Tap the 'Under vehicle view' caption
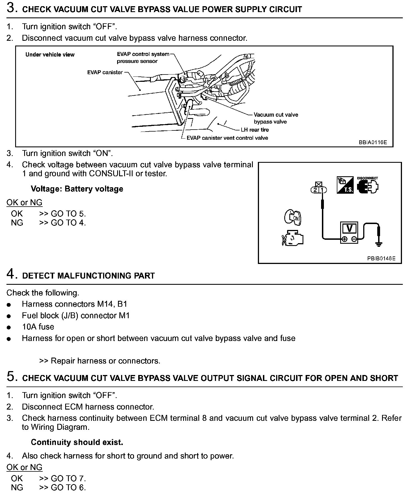(x=50, y=55)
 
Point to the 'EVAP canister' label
(x=105, y=72)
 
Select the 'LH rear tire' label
(x=255, y=130)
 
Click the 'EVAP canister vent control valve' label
(x=227, y=138)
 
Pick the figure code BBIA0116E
(x=372, y=142)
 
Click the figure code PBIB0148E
(x=381, y=258)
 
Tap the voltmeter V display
(x=349, y=228)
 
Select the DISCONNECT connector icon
(x=368, y=186)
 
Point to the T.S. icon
(x=345, y=185)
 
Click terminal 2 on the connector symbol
(x=315, y=190)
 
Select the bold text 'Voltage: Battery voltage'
(x=77, y=189)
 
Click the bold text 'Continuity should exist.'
(x=77, y=442)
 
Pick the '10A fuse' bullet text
(x=38, y=327)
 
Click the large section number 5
(x=11, y=377)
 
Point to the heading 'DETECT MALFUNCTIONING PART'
(x=88, y=276)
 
